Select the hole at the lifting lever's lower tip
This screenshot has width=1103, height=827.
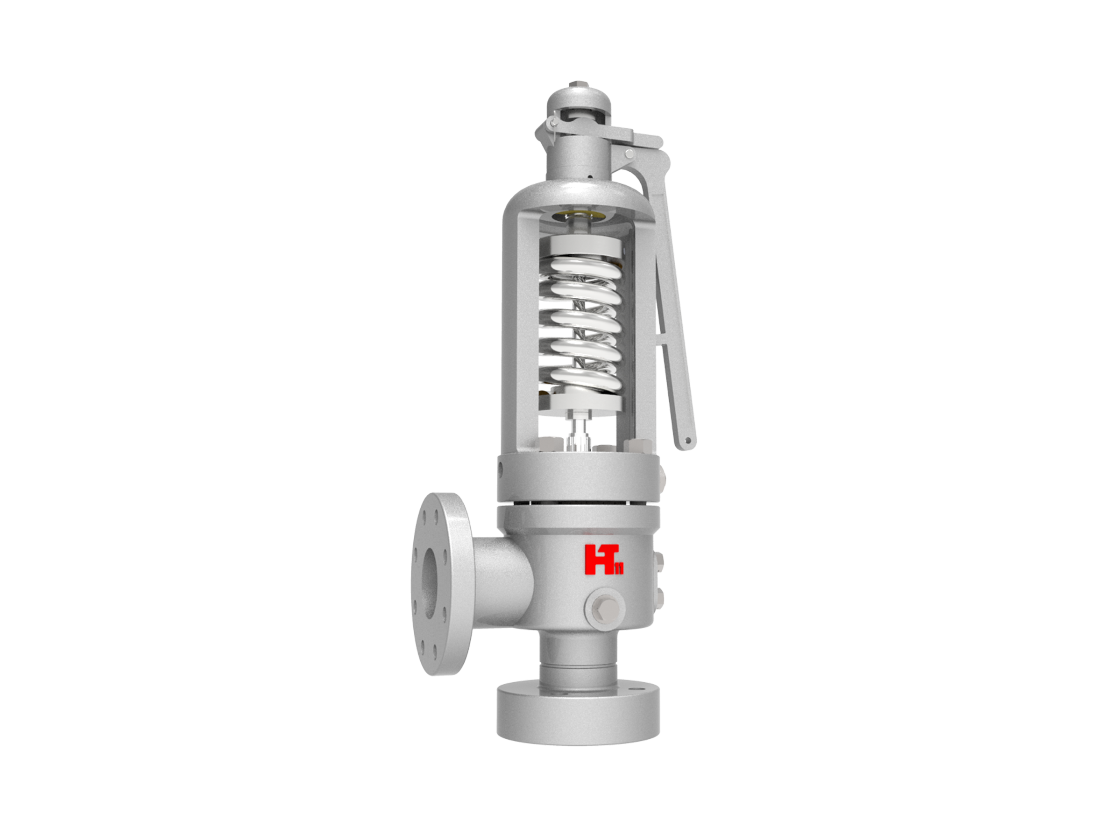tap(688, 441)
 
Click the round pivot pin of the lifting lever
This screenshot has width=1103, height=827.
tap(630, 154)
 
